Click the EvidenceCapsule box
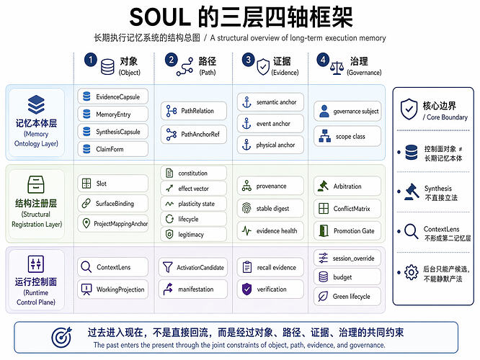[x=113, y=96]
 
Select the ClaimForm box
[x=113, y=149]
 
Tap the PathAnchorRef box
[x=194, y=134]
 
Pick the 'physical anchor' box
[x=270, y=145]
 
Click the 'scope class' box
[x=347, y=136]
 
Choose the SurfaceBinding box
[x=113, y=203]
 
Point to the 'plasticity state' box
[x=194, y=204]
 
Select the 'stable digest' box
[x=270, y=209]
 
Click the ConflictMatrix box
[x=347, y=209]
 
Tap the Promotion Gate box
[x=347, y=230]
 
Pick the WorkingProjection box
[x=113, y=289]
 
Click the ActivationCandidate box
[x=193, y=267]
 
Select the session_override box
[x=347, y=258]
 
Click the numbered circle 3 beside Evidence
[x=248, y=60]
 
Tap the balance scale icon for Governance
[x=337, y=68]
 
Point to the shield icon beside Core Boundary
[x=409, y=109]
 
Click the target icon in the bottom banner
[x=62, y=338]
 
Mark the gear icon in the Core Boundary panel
[x=412, y=272]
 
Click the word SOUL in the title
[x=161, y=17]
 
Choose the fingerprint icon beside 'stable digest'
[x=246, y=208]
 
